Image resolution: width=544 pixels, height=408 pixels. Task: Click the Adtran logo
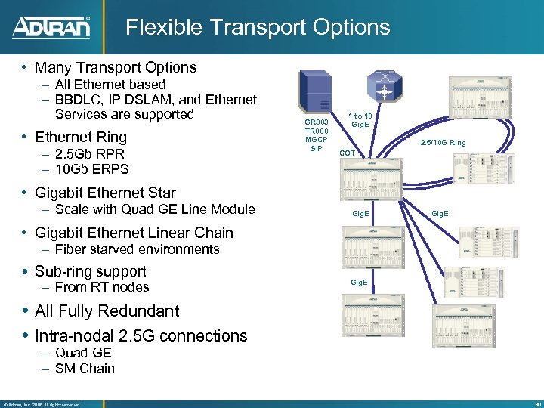51,27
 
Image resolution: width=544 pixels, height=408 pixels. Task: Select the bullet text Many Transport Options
116,67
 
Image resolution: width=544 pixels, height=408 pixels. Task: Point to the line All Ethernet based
110,85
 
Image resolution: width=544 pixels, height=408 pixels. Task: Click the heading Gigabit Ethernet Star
105,193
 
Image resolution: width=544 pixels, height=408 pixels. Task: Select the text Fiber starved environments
137,249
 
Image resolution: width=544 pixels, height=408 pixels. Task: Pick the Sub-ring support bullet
91,271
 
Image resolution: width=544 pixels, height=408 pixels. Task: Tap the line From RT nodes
102,287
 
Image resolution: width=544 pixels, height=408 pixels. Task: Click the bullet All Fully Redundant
107,311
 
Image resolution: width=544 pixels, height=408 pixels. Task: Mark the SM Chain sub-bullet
85,369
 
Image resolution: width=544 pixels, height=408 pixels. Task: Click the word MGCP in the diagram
315,140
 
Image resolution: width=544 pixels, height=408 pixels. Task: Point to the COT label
348,153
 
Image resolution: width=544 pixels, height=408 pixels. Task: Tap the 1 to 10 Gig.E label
360,119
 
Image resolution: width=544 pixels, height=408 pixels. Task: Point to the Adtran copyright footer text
42,404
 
